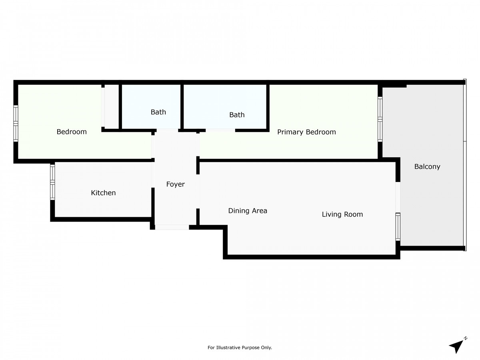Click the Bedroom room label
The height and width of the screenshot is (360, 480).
72,132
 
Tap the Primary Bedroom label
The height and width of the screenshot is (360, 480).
306,132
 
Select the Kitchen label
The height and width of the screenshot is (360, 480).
103,193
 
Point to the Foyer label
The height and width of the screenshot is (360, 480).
176,184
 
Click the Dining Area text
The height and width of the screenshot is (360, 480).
248,211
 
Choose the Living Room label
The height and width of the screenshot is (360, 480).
342,214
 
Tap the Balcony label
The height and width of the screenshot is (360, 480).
427,167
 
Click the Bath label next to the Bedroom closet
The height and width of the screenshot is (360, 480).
158,112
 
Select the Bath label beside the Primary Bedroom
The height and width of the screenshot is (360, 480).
237,115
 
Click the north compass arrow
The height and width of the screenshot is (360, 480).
456,346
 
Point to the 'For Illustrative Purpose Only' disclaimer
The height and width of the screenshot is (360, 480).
240,348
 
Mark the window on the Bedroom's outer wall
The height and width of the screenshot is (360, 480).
16,123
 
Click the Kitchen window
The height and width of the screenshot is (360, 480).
52,182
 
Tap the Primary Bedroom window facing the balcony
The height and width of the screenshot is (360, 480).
380,119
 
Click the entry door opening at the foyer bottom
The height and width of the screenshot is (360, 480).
172,227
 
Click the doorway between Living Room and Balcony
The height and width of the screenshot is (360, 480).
398,197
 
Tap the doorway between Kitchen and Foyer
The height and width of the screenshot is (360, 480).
153,174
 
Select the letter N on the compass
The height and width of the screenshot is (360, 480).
465,338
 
